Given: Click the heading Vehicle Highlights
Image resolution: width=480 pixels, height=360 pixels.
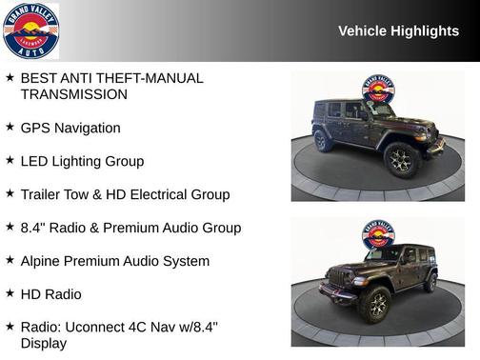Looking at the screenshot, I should pos(398,31).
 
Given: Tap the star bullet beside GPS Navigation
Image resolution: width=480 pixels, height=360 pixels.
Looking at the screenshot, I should pos(10,127).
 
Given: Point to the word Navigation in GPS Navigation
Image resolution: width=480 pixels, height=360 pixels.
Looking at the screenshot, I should pos(87,128).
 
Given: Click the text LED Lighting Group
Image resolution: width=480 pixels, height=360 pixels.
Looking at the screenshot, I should pos(82,161).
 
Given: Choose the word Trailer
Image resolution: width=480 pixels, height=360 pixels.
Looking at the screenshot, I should pos(43,194).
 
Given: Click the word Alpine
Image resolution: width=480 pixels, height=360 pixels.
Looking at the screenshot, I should pos(43,261).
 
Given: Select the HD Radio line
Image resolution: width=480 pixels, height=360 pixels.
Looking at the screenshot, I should pos(50,294).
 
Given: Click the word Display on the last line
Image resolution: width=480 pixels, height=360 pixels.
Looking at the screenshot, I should pos(44,343).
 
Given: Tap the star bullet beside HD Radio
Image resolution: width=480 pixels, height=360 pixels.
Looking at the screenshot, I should pos(10,293).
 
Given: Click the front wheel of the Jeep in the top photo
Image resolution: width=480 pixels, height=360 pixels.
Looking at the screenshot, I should pos(401,159).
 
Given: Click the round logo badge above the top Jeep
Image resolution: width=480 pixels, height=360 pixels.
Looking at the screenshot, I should pos(377,90).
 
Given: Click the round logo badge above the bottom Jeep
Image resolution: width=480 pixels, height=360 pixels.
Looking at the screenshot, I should pos(377,234).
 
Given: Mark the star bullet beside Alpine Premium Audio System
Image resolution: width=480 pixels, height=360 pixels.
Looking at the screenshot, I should pos(10,260).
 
